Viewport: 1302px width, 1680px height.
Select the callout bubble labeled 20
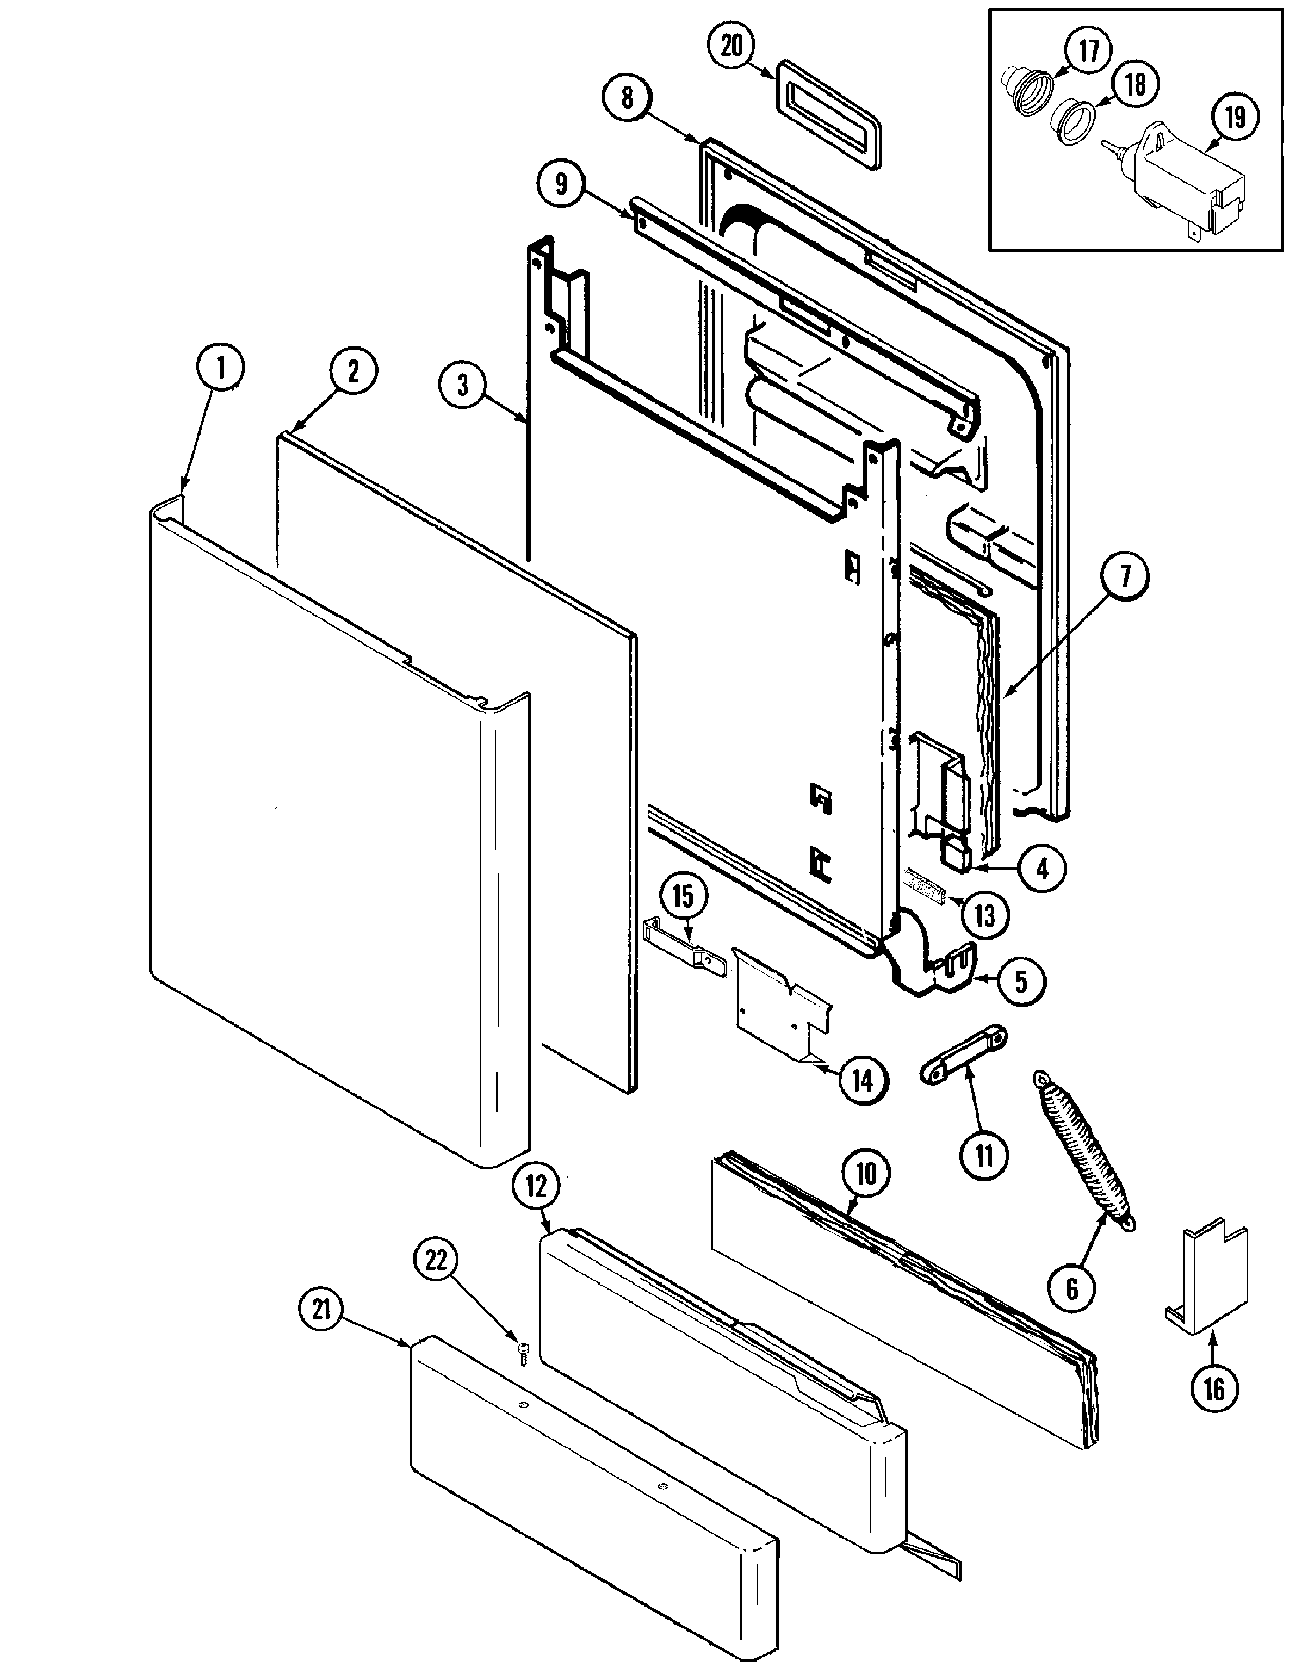(x=731, y=46)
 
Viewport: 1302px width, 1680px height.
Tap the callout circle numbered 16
(x=1214, y=1387)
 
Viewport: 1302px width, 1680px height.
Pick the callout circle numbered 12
(x=536, y=1186)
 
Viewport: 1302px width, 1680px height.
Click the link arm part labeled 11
(x=963, y=1056)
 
